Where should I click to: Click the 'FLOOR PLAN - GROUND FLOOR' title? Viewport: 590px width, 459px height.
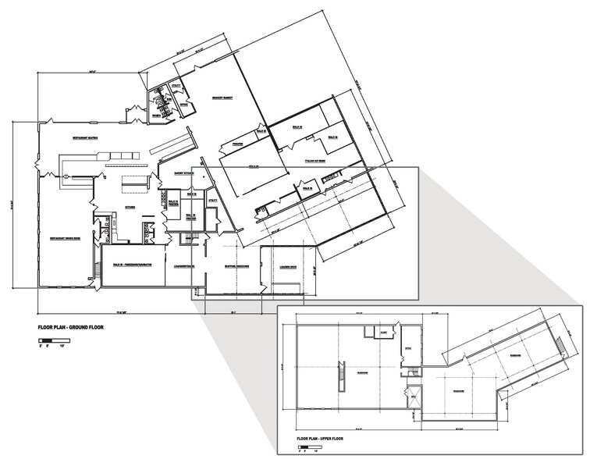point(70,327)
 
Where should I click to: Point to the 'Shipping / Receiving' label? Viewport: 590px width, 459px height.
point(238,265)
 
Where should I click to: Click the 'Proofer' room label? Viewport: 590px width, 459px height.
point(231,144)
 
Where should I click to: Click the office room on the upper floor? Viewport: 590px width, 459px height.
point(407,349)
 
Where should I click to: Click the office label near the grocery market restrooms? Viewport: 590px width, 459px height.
point(184,104)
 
